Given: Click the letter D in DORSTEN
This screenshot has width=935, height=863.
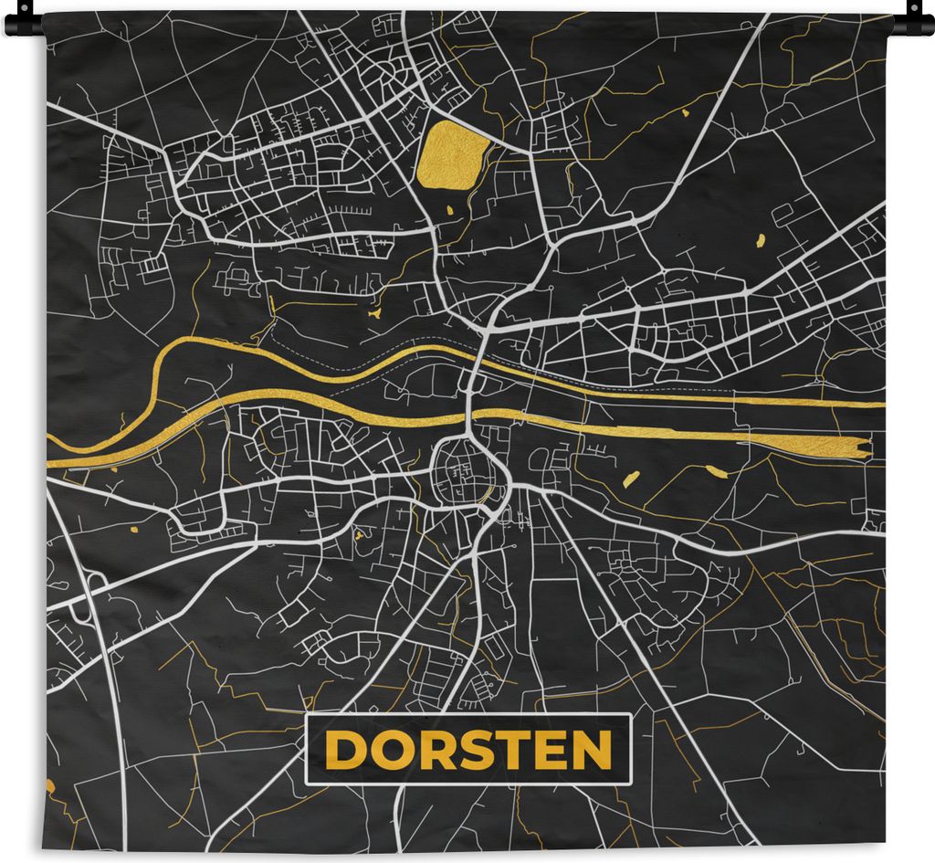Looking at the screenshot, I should coord(344,751).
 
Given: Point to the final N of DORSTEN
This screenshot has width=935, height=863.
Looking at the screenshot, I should coord(592,751).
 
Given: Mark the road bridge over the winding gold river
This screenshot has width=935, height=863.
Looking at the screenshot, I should coord(478,361).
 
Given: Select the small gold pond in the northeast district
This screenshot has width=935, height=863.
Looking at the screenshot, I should coord(760,241).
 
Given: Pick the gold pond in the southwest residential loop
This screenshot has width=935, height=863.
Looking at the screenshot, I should coord(132,528).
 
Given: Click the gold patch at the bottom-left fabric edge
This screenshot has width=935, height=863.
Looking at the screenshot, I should coord(49,786).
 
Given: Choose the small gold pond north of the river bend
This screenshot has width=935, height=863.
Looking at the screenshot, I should coord(374,314).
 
